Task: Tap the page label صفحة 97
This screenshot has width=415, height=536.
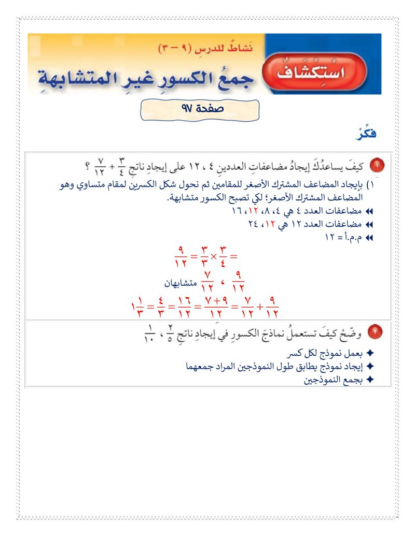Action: click(x=199, y=109)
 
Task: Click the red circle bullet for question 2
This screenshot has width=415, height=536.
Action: click(x=377, y=333)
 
